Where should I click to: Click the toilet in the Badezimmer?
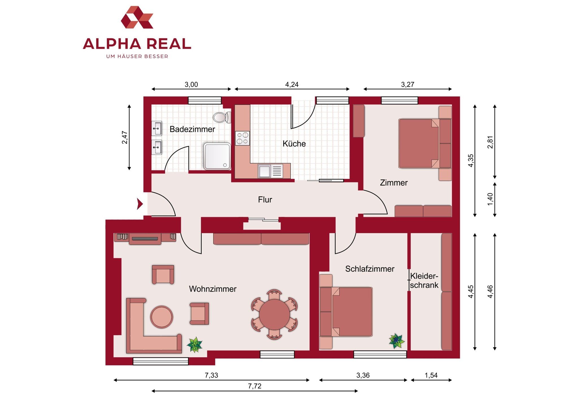tap(222, 117)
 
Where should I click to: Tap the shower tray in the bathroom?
tap(217, 156)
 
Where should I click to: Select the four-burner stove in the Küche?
tap(242, 138)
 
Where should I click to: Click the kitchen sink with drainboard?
tap(270, 171)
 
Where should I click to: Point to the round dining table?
tap(274, 314)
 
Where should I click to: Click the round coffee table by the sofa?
tap(162, 317)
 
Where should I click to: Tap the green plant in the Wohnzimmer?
tap(195, 345)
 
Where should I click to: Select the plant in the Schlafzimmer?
tap(397, 341)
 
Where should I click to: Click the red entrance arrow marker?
tap(140, 204)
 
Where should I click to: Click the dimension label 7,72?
tap(255, 386)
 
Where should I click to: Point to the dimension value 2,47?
tap(125, 137)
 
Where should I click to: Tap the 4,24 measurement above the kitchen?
tap(292, 84)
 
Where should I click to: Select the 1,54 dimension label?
tap(431, 375)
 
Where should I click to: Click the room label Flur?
tap(265, 200)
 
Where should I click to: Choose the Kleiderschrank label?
tap(424, 280)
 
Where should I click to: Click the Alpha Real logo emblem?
tap(137, 17)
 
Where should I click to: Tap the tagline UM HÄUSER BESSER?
tap(137, 56)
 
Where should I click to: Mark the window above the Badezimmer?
tap(205, 101)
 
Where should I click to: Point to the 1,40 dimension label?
tap(490, 199)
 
